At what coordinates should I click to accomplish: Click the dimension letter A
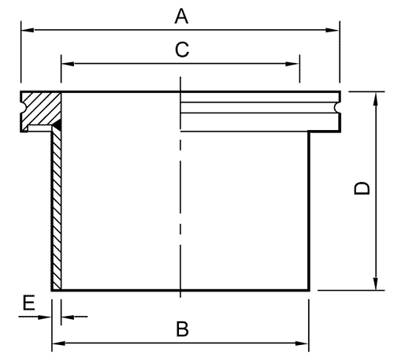pos(181,17)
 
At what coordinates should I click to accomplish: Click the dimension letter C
pos(182,50)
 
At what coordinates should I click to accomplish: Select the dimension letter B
pos(183,328)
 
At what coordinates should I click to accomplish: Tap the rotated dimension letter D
pos(362,188)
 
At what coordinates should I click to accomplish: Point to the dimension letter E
pos(28,302)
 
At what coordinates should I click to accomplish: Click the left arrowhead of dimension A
pos(28,30)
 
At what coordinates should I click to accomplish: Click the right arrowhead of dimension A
pos(333,30)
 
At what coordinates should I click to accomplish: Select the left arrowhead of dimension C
pos(68,64)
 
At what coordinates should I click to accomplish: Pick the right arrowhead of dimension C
pos(292,64)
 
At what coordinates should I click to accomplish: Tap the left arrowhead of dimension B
pos(58,343)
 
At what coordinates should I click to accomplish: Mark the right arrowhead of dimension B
pos(302,343)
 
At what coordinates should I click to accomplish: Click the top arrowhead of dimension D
pos(376,99)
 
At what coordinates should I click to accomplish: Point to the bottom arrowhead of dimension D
pos(376,284)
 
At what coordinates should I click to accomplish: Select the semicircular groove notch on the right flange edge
pos(337,108)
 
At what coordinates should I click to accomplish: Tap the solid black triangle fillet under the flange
pos(58,124)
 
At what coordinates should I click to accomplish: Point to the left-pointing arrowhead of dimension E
pos(68,317)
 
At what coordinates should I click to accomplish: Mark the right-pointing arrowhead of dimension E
pos(45,317)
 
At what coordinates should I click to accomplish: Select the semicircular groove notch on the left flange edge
pos(24,108)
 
